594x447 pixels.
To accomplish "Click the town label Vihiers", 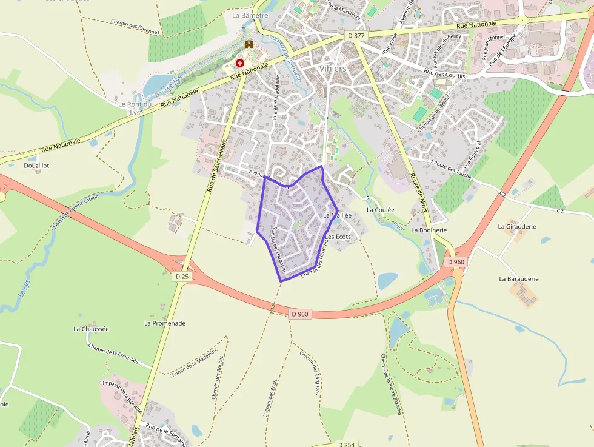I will click(x=333, y=69).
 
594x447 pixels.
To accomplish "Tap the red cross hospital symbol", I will click(x=240, y=62).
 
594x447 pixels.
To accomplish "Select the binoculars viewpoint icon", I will click(x=249, y=44).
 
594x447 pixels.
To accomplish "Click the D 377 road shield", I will click(x=357, y=36).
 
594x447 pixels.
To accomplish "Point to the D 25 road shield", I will click(x=182, y=276).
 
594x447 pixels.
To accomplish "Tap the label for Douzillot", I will click(x=36, y=165).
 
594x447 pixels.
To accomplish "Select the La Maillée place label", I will click(x=338, y=215).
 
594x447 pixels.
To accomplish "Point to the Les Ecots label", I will click(x=338, y=237).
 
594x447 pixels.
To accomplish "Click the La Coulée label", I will click(x=381, y=210).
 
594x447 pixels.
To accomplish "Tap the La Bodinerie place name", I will click(x=429, y=230).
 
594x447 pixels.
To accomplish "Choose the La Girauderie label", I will click(x=518, y=226).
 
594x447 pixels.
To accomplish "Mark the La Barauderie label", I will click(x=519, y=279).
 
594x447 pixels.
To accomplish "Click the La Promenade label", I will click(x=165, y=323).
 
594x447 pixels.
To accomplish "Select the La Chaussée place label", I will click(x=91, y=329).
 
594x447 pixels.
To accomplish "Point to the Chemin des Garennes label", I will click(x=135, y=26).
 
